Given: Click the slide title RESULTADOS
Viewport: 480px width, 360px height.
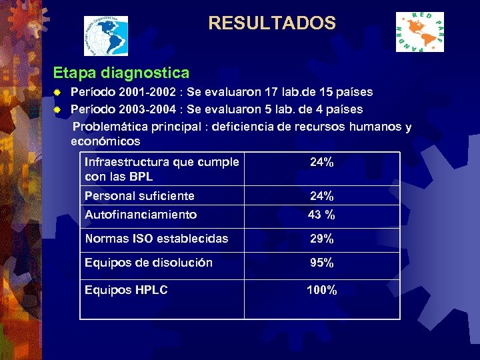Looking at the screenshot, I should click(x=272, y=23).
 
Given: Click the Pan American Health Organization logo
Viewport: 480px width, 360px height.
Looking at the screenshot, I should click(x=106, y=35).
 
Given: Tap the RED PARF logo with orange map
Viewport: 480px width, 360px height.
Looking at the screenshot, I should click(x=419, y=32).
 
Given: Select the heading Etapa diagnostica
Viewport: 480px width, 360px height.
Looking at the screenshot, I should click(x=121, y=72).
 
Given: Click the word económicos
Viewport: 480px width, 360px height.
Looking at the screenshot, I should click(x=105, y=141).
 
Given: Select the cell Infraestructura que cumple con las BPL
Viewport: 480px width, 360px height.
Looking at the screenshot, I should click(x=161, y=169).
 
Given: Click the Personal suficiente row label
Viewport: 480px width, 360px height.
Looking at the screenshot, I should click(x=139, y=196).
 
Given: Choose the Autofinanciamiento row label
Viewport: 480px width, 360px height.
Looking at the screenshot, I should click(x=141, y=215).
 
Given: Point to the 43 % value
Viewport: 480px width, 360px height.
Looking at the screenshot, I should click(x=321, y=215).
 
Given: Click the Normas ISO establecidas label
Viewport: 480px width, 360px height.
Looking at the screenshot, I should click(x=156, y=239).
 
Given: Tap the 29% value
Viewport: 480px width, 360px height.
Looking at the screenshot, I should click(x=321, y=239).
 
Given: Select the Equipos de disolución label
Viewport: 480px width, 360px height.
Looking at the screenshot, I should click(x=149, y=263).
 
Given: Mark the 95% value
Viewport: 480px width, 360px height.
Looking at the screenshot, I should click(x=321, y=263).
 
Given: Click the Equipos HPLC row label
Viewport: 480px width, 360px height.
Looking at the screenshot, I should click(x=126, y=290).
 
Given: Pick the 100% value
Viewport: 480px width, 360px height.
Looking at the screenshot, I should click(x=321, y=290).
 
